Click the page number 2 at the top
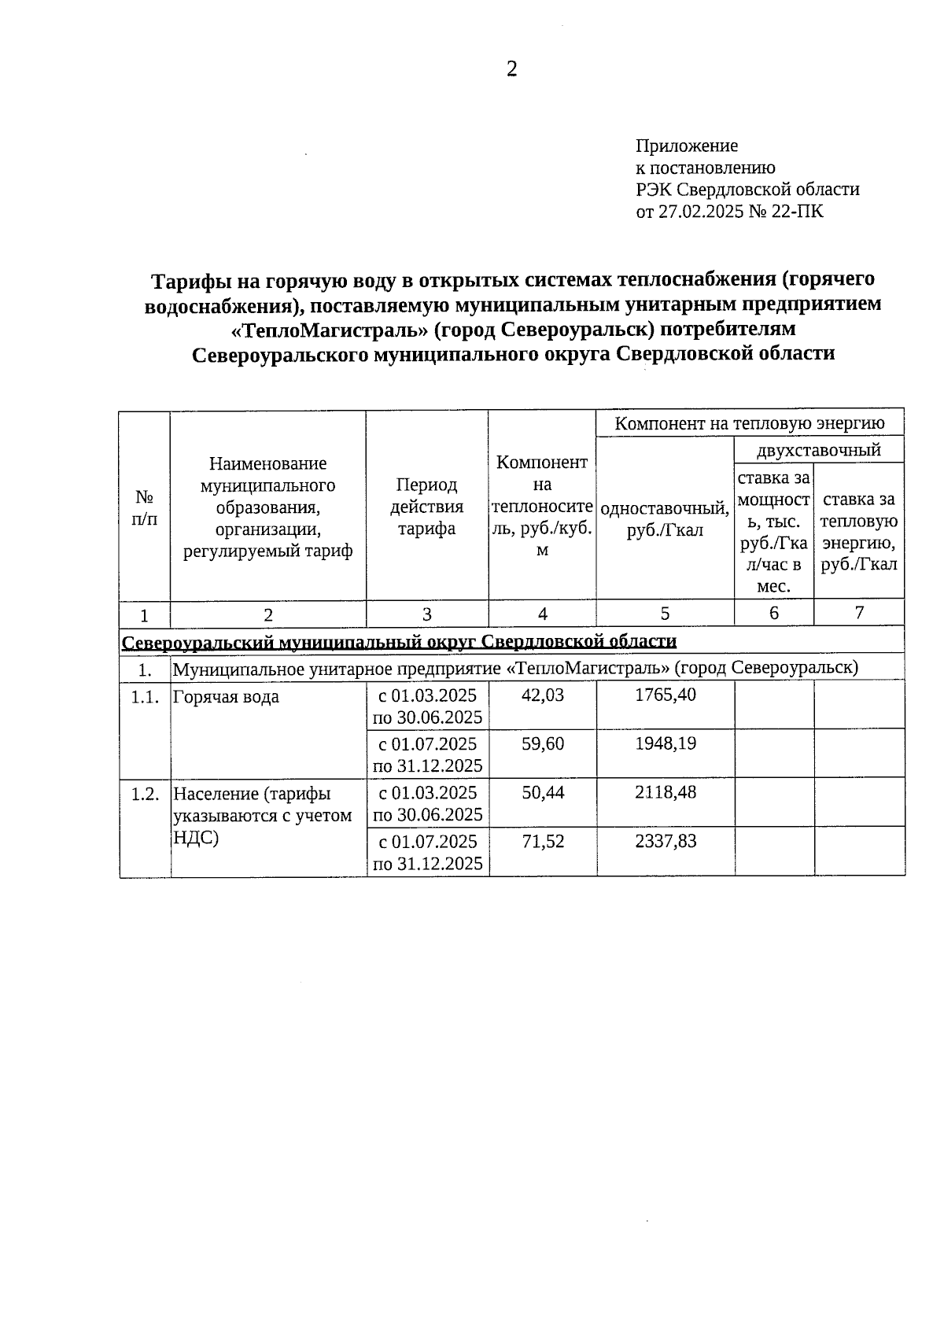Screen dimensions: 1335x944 tap(511, 70)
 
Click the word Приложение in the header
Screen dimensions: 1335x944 tap(686, 146)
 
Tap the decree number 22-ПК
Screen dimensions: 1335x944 tap(798, 211)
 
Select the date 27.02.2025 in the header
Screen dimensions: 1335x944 tap(701, 211)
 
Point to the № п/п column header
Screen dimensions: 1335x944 tap(144, 507)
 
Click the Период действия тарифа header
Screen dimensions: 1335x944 tap(426, 506)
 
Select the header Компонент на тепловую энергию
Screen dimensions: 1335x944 tap(749, 423)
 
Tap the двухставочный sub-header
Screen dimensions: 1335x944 tap(818, 450)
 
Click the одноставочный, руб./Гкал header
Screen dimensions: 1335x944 tap(665, 519)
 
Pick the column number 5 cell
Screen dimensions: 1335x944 tap(665, 614)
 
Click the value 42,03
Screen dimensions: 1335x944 tap(543, 695)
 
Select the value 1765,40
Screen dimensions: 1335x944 tap(665, 695)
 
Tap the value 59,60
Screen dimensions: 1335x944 tap(543, 743)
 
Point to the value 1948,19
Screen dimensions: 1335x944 tap(665, 743)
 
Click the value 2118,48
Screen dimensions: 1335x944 tap(665, 792)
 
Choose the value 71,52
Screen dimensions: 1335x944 tap(543, 841)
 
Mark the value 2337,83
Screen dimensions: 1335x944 tap(665, 841)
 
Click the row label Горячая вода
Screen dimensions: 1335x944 tap(226, 697)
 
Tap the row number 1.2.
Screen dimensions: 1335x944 tap(145, 794)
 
